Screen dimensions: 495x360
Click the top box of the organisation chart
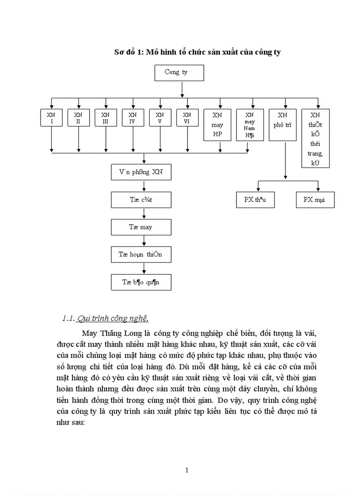coord(179,73)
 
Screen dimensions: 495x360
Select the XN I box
coord(51,118)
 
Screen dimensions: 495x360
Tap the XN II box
coord(78,118)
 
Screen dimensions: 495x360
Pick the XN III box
coord(105,118)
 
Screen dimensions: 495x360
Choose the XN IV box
coord(133,118)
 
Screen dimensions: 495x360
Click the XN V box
coord(160,118)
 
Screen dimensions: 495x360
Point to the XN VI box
coord(187,118)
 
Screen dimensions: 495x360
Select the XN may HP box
coord(217,125)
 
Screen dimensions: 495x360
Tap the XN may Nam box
coord(250,125)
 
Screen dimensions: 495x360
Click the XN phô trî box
coord(282,125)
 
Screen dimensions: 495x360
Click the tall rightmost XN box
coord(315,138)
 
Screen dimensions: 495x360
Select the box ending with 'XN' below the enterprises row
coord(141,172)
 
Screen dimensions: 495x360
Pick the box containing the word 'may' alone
coord(141,227)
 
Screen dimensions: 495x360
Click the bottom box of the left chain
coord(141,282)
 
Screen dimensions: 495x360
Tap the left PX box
coord(256,200)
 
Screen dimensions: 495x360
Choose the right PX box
coord(315,200)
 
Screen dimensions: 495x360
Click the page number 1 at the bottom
coord(187,470)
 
